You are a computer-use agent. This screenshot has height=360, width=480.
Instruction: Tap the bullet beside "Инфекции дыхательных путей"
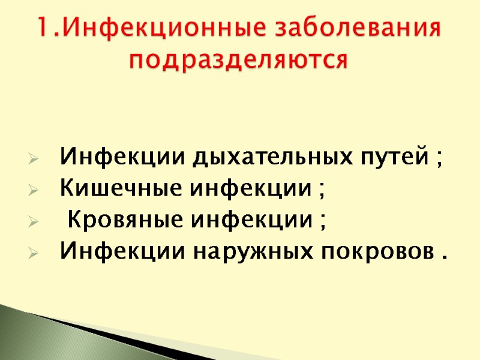[x=34, y=160]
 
